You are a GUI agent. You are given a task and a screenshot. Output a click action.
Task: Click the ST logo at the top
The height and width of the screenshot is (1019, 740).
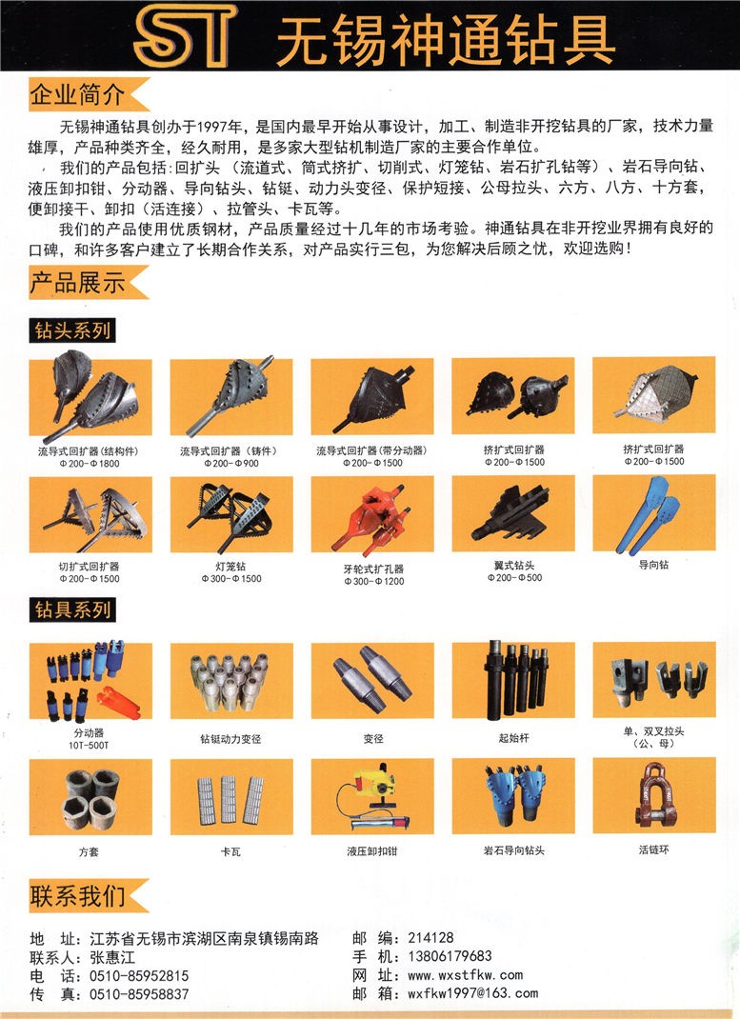[184, 36]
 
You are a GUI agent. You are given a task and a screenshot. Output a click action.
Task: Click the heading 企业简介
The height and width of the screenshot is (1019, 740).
[76, 95]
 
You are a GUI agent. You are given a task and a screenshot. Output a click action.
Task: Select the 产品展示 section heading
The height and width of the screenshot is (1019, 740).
[76, 283]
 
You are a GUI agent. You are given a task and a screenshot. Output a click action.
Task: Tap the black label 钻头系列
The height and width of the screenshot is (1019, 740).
[72, 330]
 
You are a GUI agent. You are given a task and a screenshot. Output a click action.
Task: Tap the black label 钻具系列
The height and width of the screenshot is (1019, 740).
[72, 609]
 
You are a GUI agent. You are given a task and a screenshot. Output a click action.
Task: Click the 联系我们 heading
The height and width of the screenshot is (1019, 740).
[76, 896]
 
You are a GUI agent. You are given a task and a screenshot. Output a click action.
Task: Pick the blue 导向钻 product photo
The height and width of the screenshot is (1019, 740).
[653, 513]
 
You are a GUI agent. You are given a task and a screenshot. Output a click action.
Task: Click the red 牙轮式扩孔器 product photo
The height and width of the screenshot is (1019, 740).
[372, 514]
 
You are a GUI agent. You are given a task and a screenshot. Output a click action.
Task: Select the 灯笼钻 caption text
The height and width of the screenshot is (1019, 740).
[230, 567]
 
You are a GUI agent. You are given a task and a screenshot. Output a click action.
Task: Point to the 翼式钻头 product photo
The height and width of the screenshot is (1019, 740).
[513, 513]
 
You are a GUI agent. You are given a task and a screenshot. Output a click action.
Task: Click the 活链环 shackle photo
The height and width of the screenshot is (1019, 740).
[654, 795]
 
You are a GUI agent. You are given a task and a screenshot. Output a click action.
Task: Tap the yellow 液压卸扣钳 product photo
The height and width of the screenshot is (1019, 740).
[372, 796]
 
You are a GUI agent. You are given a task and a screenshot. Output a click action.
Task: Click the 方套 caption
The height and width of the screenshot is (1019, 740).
[89, 851]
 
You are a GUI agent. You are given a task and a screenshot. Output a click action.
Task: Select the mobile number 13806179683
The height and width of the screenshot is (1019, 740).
[450, 956]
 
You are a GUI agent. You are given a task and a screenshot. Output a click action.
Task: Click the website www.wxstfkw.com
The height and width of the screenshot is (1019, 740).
[465, 975]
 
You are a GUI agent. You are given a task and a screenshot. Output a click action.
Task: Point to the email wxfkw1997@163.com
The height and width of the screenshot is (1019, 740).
[473, 993]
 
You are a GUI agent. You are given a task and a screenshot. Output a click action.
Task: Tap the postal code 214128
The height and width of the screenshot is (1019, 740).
[430, 937]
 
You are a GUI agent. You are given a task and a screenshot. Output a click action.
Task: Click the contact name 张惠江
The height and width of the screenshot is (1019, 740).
[112, 957]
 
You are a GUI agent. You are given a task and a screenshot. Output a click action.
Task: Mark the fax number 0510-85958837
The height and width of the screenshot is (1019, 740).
[139, 994]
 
